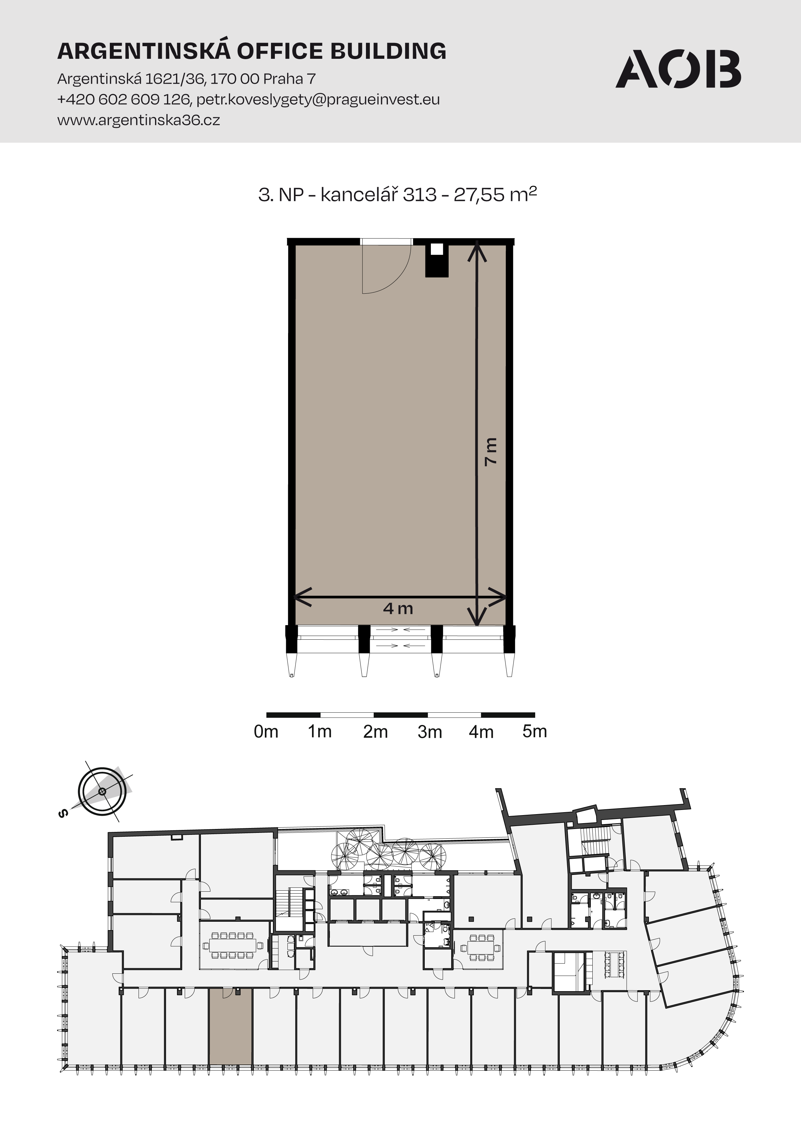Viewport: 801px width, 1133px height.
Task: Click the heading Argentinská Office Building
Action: pyautogui.click(x=252, y=51)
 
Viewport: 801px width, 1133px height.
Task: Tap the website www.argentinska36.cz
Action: pyautogui.click(x=139, y=120)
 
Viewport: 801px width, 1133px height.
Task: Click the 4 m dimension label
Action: pyautogui.click(x=398, y=608)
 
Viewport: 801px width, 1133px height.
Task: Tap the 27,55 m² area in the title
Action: pyautogui.click(x=495, y=194)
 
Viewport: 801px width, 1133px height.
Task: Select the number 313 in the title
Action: pyautogui.click(x=420, y=194)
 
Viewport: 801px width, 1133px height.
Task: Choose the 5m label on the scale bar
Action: pyautogui.click(x=535, y=731)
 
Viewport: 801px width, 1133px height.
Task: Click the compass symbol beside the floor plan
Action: pyautogui.click(x=102, y=792)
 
